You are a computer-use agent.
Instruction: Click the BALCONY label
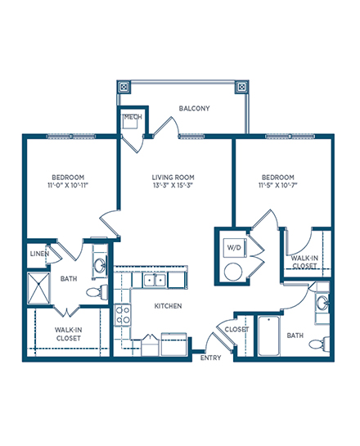click(x=194, y=108)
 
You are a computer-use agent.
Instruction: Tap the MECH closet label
click(x=133, y=117)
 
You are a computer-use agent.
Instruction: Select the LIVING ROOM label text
click(x=173, y=178)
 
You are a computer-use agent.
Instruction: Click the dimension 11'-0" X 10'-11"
click(x=68, y=186)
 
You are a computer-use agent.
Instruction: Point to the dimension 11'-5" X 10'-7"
click(x=278, y=186)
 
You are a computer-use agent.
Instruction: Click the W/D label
click(x=234, y=247)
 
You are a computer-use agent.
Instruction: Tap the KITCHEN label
click(x=168, y=306)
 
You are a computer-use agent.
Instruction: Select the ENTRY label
click(x=211, y=358)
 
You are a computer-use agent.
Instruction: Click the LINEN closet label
click(x=39, y=254)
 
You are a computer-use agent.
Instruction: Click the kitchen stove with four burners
click(x=123, y=315)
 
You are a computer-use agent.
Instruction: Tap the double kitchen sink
click(x=155, y=281)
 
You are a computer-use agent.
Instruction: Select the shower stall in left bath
click(x=38, y=288)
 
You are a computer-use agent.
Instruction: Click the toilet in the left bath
click(x=97, y=291)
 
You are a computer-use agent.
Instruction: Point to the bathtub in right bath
click(x=268, y=336)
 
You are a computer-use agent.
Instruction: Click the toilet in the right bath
click(x=319, y=344)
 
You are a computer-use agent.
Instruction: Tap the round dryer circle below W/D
click(x=233, y=272)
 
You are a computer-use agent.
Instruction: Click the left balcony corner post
click(x=124, y=87)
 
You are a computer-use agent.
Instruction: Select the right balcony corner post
click(x=241, y=87)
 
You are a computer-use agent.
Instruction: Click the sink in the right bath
click(x=323, y=302)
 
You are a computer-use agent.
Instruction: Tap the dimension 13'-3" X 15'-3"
click(x=173, y=186)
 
